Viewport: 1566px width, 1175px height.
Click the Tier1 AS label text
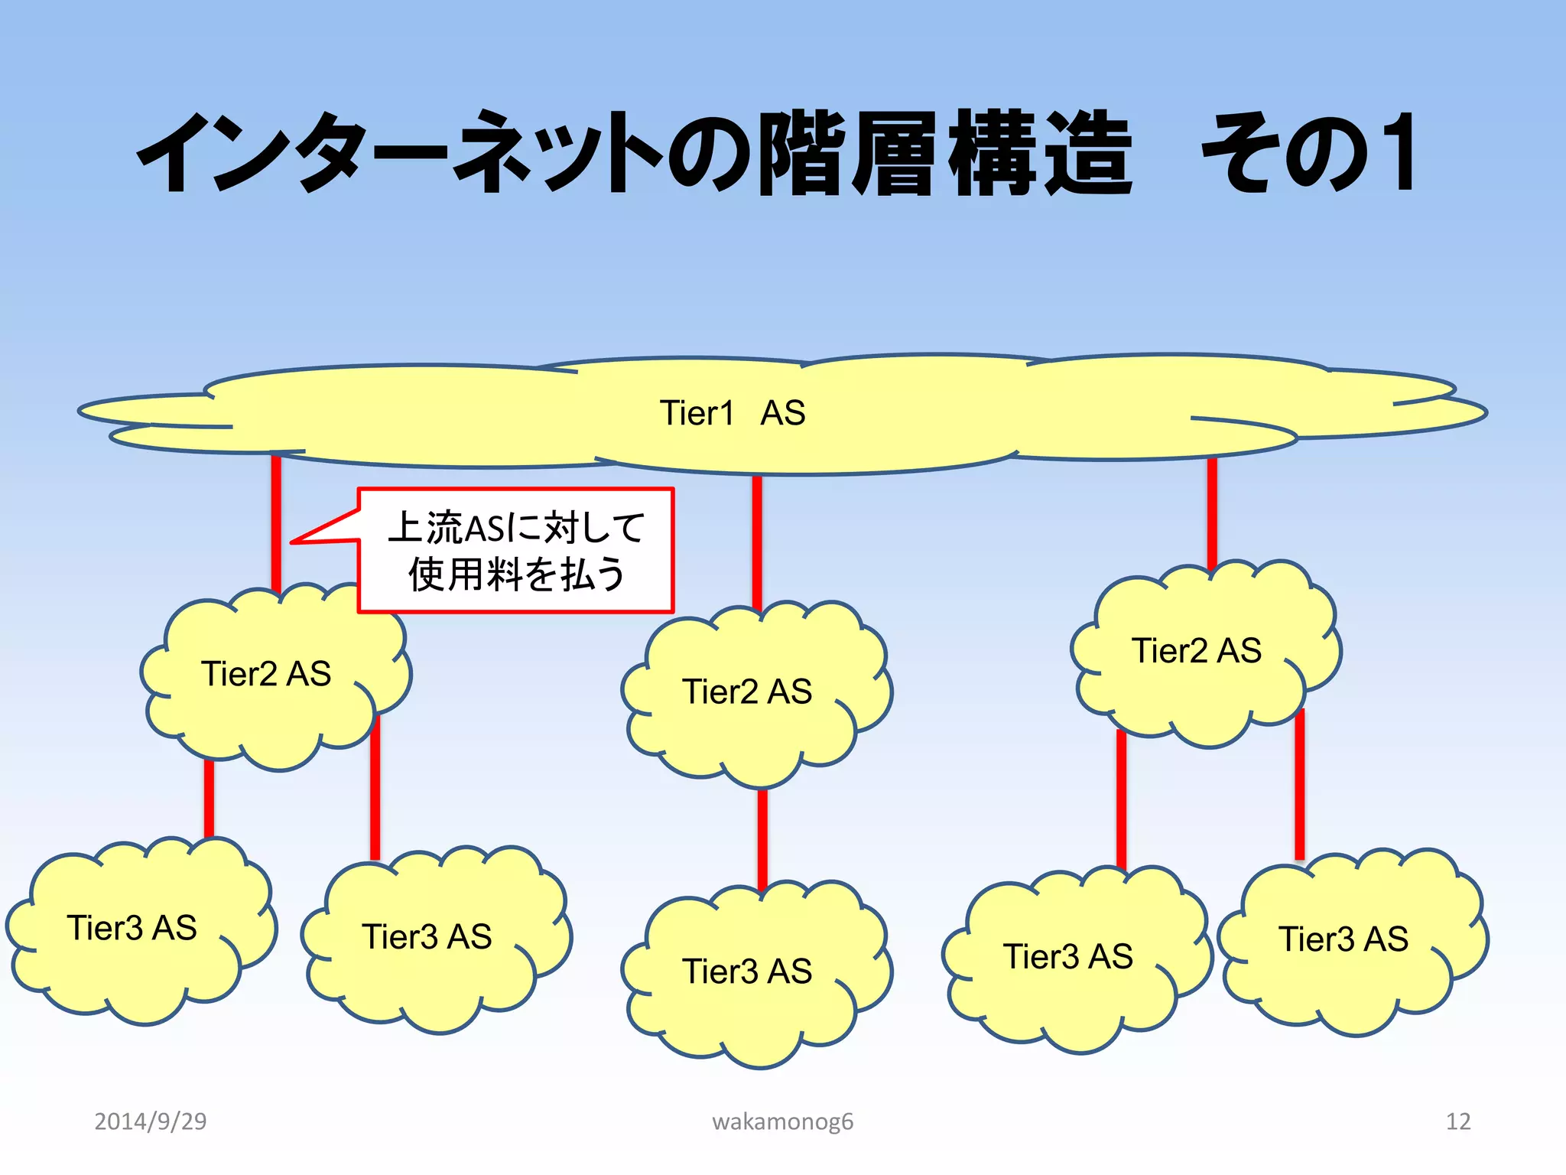coord(732,413)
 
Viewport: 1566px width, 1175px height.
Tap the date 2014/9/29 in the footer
coord(150,1121)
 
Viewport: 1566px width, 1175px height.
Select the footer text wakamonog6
coord(782,1121)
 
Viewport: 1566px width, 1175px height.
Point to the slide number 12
coord(1457,1121)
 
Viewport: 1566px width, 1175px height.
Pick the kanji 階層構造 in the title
coord(945,152)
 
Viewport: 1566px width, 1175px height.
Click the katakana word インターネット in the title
coord(398,152)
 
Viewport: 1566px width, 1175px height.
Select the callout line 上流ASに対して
coord(516,528)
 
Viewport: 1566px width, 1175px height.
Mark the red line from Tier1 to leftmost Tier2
coord(276,520)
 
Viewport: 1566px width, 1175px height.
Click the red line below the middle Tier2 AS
coord(762,838)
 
